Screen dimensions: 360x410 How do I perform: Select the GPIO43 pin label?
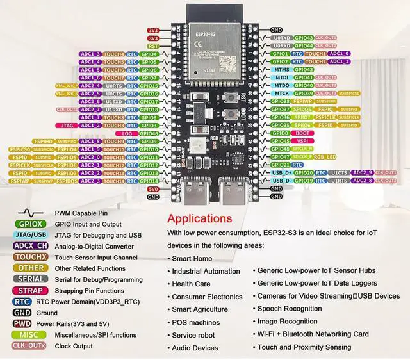coord(303,38)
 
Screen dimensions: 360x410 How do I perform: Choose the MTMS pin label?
coord(280,69)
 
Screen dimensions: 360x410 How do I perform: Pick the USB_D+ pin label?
coord(280,173)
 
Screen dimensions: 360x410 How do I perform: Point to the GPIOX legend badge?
coord(30,224)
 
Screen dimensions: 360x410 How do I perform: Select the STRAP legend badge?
coord(30,290)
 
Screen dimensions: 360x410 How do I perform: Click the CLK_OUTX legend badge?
coord(30,345)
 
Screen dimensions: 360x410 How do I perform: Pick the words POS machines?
coord(195,322)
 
